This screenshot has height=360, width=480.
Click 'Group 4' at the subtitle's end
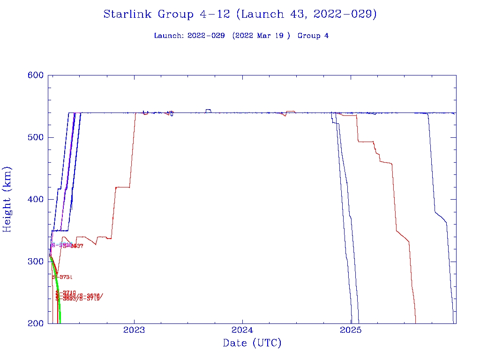point(313,36)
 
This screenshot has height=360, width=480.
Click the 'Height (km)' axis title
point(7,199)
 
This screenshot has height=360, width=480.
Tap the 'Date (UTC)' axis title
point(252,344)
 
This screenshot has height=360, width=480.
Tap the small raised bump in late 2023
point(208,110)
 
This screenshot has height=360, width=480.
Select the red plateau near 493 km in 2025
point(366,141)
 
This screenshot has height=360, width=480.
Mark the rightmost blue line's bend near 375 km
point(441,217)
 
